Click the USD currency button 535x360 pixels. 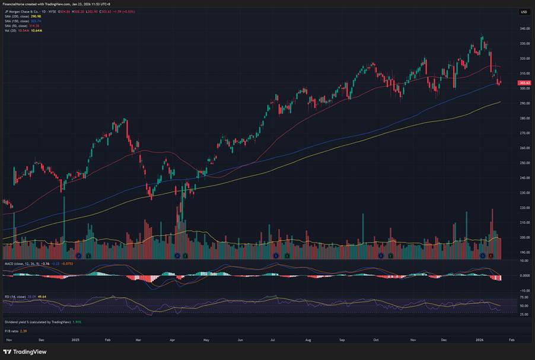pyautogui.click(x=524, y=12)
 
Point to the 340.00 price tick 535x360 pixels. pyautogui.click(x=524, y=28)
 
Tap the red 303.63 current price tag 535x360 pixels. pyautogui.click(x=524, y=83)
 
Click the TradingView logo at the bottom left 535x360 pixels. pyautogui.click(x=24, y=351)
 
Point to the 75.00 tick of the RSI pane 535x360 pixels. pyautogui.click(x=524, y=297)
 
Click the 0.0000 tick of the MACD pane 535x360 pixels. pyautogui.click(x=524, y=276)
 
